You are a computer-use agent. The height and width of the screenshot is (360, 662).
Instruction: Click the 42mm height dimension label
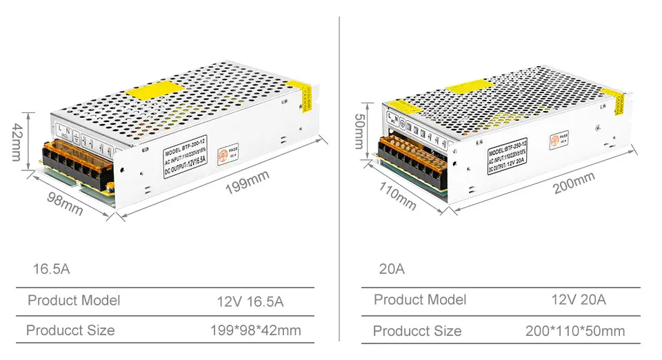point(16,143)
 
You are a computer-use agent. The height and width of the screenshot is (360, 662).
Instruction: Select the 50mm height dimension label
point(360,131)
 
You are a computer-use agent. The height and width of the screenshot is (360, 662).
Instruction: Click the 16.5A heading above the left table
point(51,269)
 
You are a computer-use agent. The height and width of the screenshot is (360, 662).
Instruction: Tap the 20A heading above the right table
point(392,269)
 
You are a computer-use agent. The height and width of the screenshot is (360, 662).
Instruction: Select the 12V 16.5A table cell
point(250,301)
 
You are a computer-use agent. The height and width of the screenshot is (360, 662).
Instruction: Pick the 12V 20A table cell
point(579,299)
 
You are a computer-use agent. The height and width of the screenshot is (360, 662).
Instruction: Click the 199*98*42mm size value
point(255,330)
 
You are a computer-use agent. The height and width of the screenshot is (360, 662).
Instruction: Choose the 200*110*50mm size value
point(574,331)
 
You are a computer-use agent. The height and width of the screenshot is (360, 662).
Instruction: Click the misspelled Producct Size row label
point(70,330)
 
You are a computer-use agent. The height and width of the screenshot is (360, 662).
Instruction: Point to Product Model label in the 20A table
point(419,299)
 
